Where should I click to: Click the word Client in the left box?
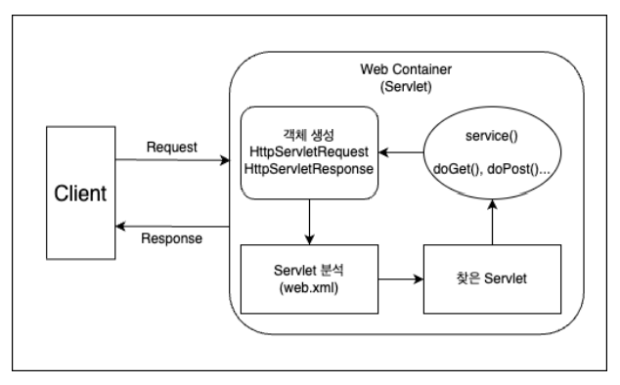[x=80, y=193]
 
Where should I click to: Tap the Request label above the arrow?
[x=171, y=147]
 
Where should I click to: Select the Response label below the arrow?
[x=171, y=238]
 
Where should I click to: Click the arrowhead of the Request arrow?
[x=225, y=160]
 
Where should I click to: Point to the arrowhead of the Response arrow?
[x=120, y=227]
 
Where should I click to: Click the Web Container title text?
[x=406, y=69]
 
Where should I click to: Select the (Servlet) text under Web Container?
[x=406, y=87]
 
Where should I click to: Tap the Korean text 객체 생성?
[x=308, y=135]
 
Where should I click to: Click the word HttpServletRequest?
[x=309, y=151]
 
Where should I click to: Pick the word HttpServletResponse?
[x=309, y=169]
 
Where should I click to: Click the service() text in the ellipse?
[x=492, y=136]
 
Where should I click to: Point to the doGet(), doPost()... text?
[x=492, y=169]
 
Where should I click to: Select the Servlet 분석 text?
[x=308, y=271]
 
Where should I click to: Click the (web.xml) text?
[x=308, y=287]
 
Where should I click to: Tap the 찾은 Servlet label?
[x=492, y=278]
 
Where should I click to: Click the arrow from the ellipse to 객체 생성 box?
[x=401, y=152]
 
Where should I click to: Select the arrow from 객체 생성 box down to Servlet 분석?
[x=310, y=222]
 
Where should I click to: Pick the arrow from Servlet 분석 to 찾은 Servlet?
[x=401, y=279]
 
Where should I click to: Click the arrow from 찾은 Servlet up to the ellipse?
[x=492, y=222]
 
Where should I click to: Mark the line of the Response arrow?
[x=172, y=227]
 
